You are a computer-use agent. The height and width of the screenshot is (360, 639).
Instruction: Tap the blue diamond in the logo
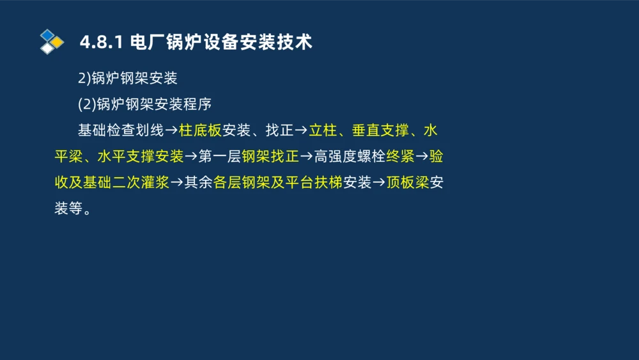click(x=47, y=35)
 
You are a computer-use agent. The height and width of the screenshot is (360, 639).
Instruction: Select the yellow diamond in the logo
click(x=58, y=42)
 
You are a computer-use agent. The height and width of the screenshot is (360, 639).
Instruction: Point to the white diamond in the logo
click(x=47, y=48)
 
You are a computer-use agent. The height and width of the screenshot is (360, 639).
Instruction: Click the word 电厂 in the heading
click(x=146, y=43)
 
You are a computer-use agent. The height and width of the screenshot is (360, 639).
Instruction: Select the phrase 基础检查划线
click(x=120, y=130)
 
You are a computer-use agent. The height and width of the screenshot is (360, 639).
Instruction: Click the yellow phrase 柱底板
click(x=200, y=130)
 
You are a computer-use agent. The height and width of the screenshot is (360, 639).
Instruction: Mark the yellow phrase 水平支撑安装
click(x=141, y=157)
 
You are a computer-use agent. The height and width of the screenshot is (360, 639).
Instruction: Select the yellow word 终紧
click(x=401, y=157)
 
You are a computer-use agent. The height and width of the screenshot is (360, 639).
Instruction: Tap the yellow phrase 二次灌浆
click(x=141, y=183)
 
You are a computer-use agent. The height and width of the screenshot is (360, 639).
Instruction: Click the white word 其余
click(x=198, y=183)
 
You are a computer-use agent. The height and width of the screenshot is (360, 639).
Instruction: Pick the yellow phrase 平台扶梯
click(x=314, y=183)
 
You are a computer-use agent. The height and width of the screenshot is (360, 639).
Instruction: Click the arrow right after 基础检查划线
click(x=171, y=130)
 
